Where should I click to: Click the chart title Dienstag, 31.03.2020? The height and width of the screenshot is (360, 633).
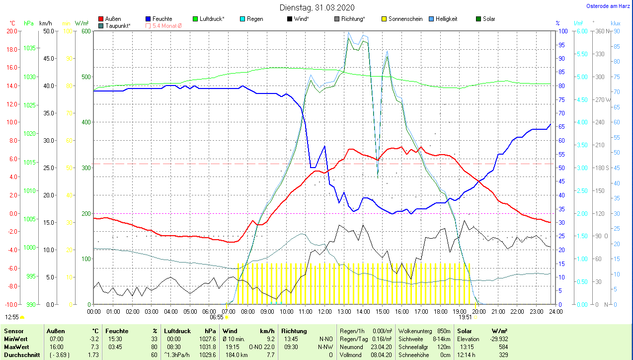pyautogui.click(x=317, y=7)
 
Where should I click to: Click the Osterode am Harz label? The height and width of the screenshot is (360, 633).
pyautogui.click(x=608, y=6)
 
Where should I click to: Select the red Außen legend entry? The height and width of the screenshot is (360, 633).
pyautogui.click(x=110, y=19)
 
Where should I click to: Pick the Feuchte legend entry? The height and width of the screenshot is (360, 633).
pyautogui.click(x=159, y=19)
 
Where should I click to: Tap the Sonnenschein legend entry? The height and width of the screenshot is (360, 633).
pyautogui.click(x=402, y=19)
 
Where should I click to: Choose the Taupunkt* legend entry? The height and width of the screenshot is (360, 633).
pyautogui.click(x=114, y=25)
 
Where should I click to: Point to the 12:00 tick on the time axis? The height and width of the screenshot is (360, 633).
pyautogui.click(x=324, y=312)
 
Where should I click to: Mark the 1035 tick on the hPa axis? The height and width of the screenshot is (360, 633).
pyautogui.click(x=29, y=48)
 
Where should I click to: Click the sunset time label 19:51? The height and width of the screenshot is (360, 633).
pyautogui.click(x=465, y=317)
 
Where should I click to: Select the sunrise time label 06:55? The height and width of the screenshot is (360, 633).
pyautogui.click(x=216, y=317)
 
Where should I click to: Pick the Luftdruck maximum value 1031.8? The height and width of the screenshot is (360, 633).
pyautogui.click(x=207, y=347)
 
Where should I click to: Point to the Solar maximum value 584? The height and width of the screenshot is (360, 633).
pyautogui.click(x=503, y=347)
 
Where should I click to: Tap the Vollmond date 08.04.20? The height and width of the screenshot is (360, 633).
pyautogui.click(x=382, y=355)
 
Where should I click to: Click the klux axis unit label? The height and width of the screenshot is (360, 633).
pyautogui.click(x=616, y=23)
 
